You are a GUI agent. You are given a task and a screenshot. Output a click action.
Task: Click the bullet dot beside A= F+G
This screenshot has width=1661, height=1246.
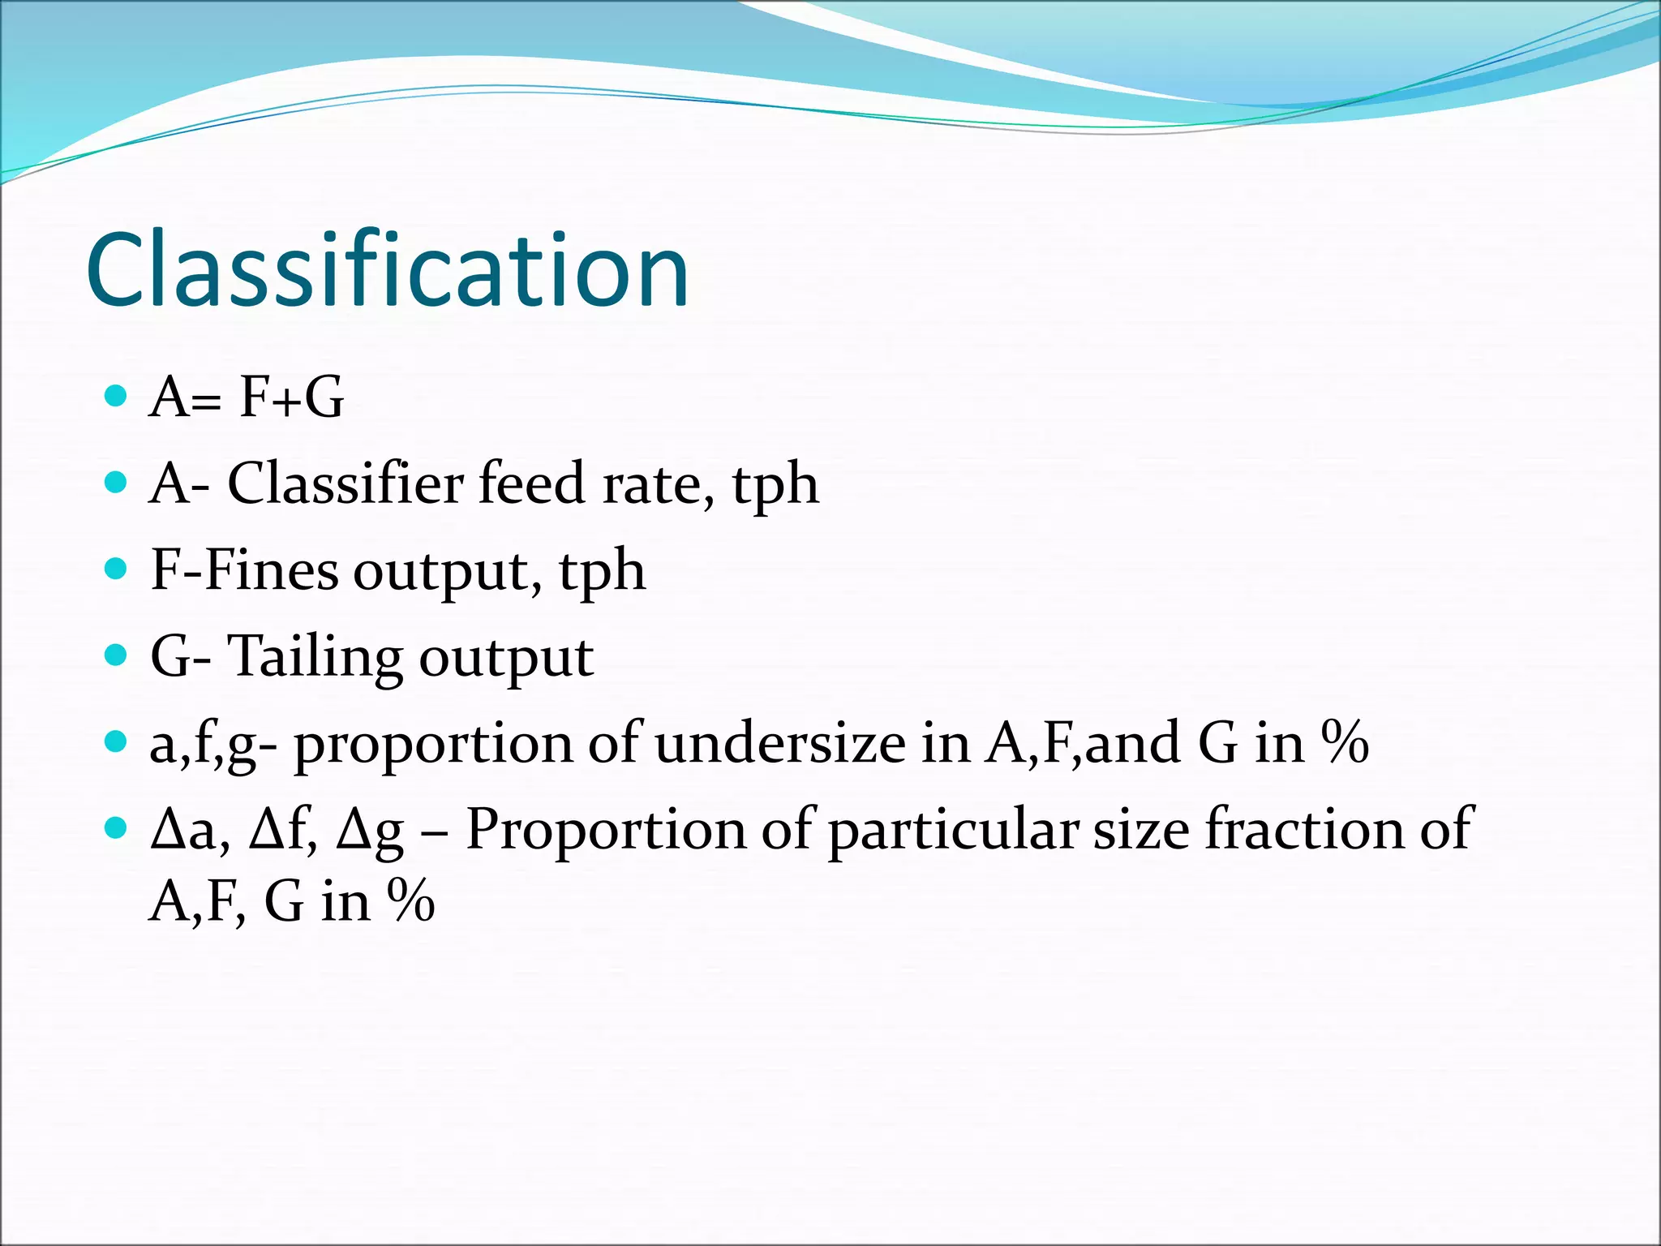click(x=117, y=396)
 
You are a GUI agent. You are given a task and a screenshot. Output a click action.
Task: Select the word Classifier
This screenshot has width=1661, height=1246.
click(x=346, y=483)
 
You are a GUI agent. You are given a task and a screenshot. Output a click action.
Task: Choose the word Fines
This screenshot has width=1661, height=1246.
click(x=272, y=569)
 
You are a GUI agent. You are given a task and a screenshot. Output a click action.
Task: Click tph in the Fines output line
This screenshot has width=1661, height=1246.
click(x=602, y=573)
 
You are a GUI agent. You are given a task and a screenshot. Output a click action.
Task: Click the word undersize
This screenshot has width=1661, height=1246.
click(x=780, y=743)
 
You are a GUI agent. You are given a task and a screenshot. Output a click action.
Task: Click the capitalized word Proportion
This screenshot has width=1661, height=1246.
click(x=606, y=831)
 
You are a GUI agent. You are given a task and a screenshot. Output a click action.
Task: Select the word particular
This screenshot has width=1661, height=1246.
click(x=954, y=831)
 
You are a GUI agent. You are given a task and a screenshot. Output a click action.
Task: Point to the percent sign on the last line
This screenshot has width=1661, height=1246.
click(x=410, y=900)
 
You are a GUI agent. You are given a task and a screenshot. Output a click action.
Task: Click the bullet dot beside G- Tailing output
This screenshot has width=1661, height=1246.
click(x=117, y=655)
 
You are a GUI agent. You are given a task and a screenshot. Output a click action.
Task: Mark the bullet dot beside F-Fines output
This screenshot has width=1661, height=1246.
click(x=117, y=569)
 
